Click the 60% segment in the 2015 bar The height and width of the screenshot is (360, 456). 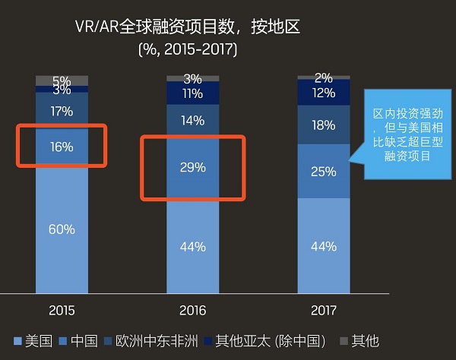62,229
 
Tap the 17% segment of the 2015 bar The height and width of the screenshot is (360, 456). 62,112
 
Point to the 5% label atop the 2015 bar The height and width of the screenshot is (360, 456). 62,81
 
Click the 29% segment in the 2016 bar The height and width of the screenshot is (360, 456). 193,167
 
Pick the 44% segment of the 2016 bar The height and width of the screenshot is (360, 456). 193,246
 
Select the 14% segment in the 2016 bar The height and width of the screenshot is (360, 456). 193,120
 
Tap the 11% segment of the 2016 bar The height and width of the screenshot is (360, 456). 193,94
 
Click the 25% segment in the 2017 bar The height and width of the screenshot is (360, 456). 324,172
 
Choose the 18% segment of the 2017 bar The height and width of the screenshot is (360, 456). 324,125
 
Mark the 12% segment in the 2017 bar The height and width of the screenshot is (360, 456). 324,93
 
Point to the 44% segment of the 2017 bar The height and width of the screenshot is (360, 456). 324,246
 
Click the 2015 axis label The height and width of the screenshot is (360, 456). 62,311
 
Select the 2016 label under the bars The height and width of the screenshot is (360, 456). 193,311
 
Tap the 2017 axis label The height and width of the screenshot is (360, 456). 324,311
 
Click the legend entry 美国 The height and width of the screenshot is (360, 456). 34,340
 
